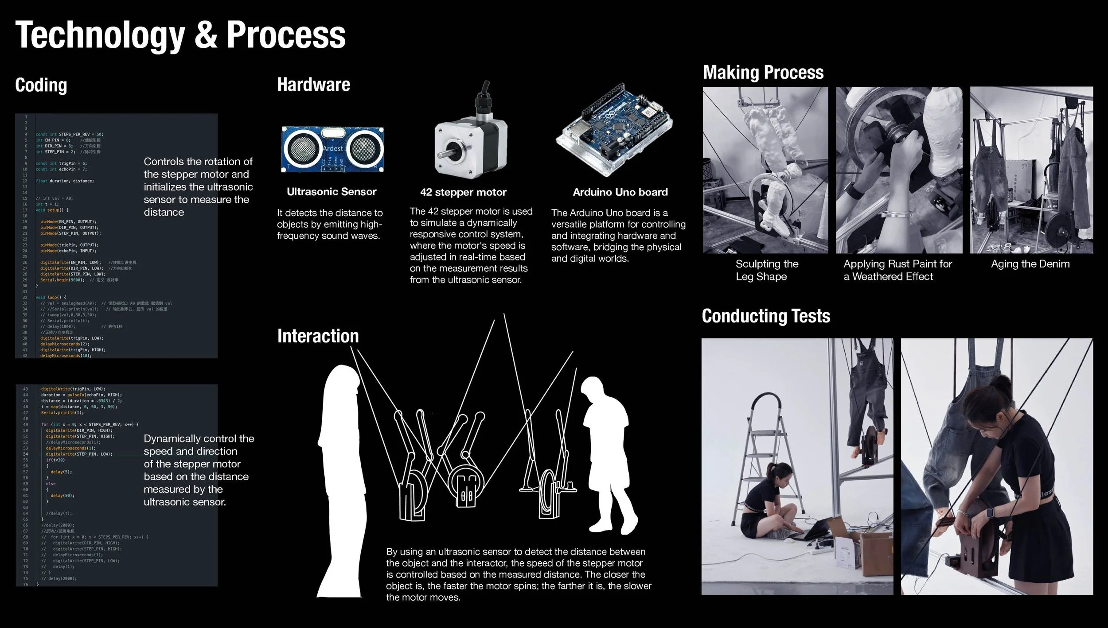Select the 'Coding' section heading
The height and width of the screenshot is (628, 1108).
[x=41, y=85]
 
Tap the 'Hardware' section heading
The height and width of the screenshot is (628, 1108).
[x=313, y=84]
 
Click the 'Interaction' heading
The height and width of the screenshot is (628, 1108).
[x=318, y=336]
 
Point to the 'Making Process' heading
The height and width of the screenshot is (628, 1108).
[x=763, y=72]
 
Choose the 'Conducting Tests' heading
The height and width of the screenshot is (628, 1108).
[x=765, y=316]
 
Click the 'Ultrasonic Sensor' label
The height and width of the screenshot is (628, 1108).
[x=331, y=192]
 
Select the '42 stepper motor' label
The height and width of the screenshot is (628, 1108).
[x=463, y=192]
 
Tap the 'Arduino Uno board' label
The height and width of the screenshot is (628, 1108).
[x=620, y=192]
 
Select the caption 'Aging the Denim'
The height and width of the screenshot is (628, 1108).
[x=1030, y=264]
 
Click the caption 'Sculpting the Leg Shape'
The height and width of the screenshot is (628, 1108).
[x=766, y=270]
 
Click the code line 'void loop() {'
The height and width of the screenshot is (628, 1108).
[x=51, y=297]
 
